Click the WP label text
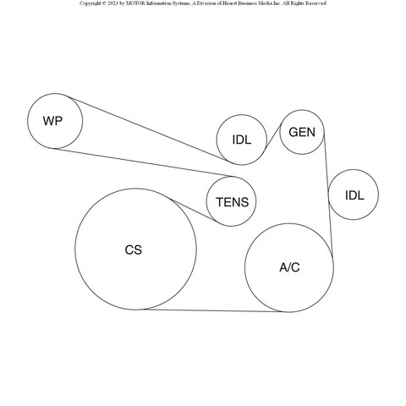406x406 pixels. (52, 121)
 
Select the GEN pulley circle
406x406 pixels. (302, 110)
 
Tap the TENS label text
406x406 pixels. (233, 202)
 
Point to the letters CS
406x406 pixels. (134, 250)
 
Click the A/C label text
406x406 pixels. (289, 267)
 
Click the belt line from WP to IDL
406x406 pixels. (148, 129)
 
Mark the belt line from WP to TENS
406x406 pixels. (143, 162)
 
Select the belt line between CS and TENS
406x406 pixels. (193, 210)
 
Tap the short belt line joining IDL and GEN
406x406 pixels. (273, 137)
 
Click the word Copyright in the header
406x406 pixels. (91, 3)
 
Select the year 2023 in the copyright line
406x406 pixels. (112, 3)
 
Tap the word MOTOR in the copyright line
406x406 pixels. (135, 3)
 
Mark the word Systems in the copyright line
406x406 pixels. (178, 3)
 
